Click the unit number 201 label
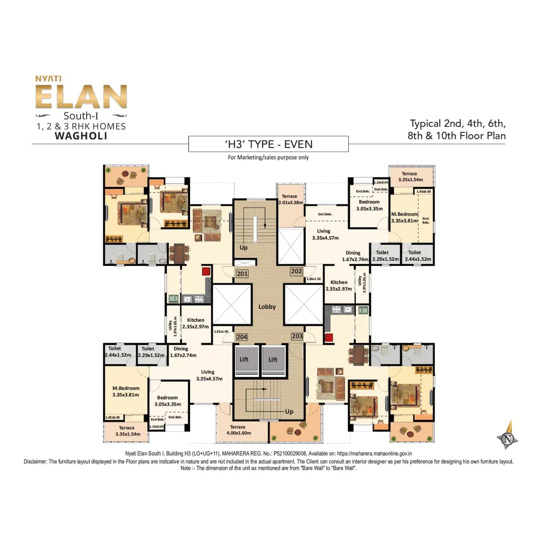(x=242, y=274)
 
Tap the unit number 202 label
(x=296, y=271)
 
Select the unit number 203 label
(x=297, y=336)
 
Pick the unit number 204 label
(x=242, y=337)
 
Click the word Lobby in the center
(x=267, y=307)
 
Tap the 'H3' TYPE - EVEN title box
(x=268, y=144)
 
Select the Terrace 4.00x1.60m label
(x=238, y=430)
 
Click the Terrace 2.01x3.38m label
(x=290, y=199)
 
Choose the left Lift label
(x=244, y=359)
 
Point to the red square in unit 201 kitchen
(x=206, y=271)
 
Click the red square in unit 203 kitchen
(x=329, y=337)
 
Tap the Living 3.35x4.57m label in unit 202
(x=325, y=234)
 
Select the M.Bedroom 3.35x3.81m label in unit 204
(x=126, y=391)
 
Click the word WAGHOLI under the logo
(x=81, y=136)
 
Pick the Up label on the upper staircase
(x=243, y=248)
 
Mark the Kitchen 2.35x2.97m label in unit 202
(x=339, y=285)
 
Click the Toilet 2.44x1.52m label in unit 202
(x=417, y=255)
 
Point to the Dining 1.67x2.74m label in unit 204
(x=182, y=352)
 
